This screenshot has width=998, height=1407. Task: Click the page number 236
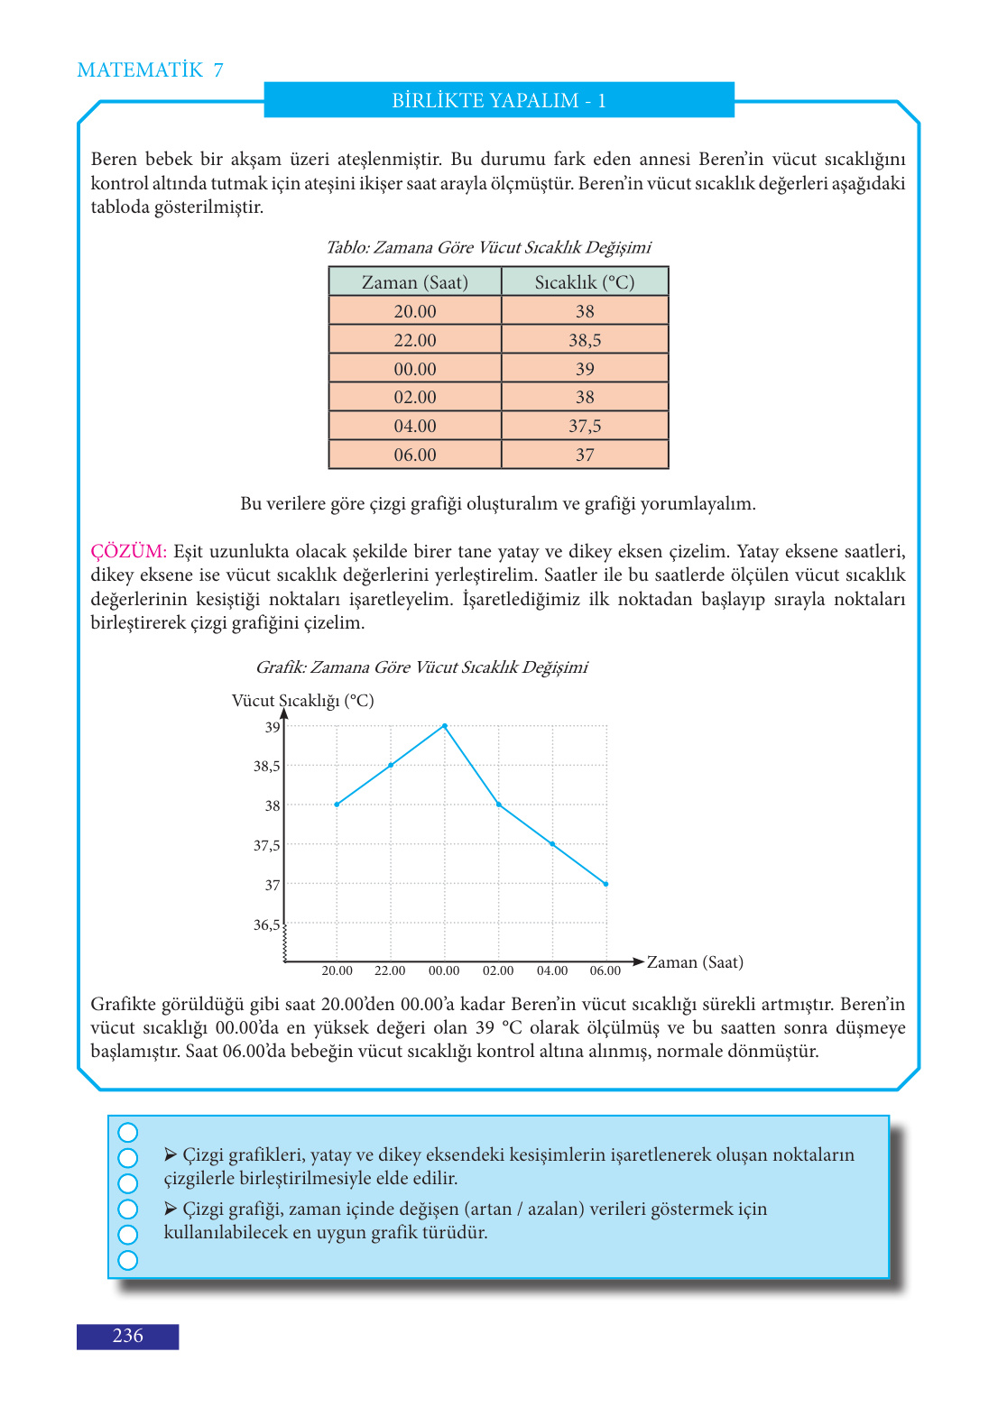[127, 1336]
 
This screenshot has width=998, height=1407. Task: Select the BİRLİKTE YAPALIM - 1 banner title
[499, 100]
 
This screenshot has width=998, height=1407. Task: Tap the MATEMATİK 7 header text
[150, 70]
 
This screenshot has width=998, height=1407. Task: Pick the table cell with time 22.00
[415, 340]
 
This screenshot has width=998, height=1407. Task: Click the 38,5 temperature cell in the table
[585, 340]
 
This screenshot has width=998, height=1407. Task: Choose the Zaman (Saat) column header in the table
[415, 282]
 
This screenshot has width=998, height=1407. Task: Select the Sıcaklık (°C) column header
[585, 282]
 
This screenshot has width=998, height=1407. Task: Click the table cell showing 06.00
[415, 455]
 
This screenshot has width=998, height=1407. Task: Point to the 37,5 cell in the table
[585, 426]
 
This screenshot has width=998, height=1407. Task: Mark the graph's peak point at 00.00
[445, 725]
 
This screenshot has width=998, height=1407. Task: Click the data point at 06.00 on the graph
[605, 884]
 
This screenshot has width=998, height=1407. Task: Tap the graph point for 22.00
[391, 765]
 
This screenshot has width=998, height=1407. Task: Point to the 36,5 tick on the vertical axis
[266, 924]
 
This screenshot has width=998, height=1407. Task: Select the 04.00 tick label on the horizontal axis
[552, 970]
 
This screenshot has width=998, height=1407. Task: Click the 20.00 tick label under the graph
[337, 970]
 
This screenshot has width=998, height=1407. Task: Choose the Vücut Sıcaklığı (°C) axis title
[302, 701]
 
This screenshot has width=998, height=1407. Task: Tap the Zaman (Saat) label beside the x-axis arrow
[695, 962]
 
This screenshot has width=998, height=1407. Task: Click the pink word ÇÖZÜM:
[128, 551]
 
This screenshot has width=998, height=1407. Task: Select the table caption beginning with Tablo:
[488, 247]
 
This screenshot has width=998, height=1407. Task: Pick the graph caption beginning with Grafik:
[421, 667]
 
